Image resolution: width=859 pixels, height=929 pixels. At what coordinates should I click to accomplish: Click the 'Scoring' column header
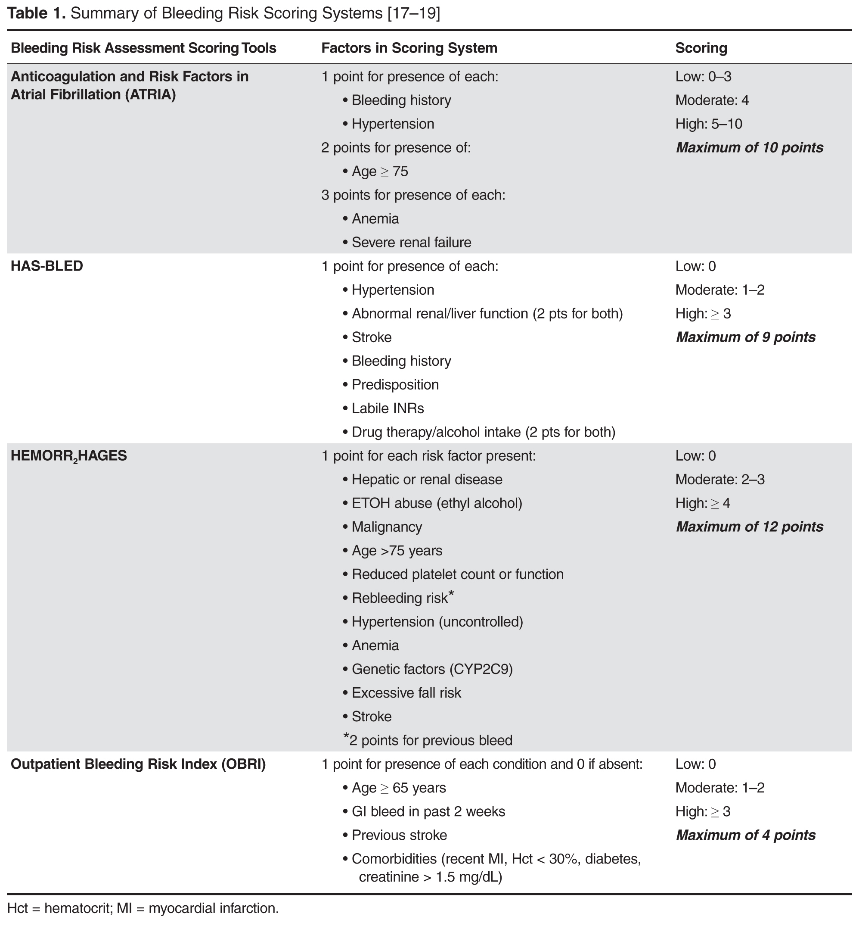tap(701, 48)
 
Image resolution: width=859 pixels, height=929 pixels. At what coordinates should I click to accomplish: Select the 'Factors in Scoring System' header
tap(409, 48)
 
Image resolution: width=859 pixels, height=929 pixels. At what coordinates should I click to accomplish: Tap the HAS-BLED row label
tap(47, 266)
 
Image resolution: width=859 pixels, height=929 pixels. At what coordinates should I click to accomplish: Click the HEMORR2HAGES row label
tap(68, 456)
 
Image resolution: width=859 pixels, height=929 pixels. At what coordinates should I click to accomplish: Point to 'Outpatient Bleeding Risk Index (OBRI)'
tap(138, 764)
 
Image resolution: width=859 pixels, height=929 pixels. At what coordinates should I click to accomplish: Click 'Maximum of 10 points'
tap(749, 147)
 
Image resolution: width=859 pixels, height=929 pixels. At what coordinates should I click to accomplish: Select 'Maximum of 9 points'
tap(746, 337)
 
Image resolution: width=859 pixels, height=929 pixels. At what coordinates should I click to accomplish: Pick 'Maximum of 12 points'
tap(749, 527)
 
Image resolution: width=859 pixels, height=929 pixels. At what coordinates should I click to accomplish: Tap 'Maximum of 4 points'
tap(746, 835)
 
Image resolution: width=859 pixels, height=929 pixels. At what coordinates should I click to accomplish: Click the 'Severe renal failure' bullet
tap(411, 242)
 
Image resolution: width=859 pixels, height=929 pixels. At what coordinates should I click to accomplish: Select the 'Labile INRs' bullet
tap(388, 408)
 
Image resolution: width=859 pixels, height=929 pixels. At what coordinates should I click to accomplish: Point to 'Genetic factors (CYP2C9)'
tap(432, 669)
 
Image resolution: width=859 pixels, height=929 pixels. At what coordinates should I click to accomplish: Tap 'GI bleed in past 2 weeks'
tap(428, 811)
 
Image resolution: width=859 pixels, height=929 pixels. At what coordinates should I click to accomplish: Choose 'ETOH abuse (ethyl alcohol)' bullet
tap(437, 503)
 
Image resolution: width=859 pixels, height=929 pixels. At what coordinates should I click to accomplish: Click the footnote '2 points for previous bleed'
tap(430, 740)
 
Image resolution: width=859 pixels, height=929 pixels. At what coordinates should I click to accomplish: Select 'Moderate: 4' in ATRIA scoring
tap(712, 100)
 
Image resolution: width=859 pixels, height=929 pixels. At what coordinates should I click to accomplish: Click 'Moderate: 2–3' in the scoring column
tap(719, 480)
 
